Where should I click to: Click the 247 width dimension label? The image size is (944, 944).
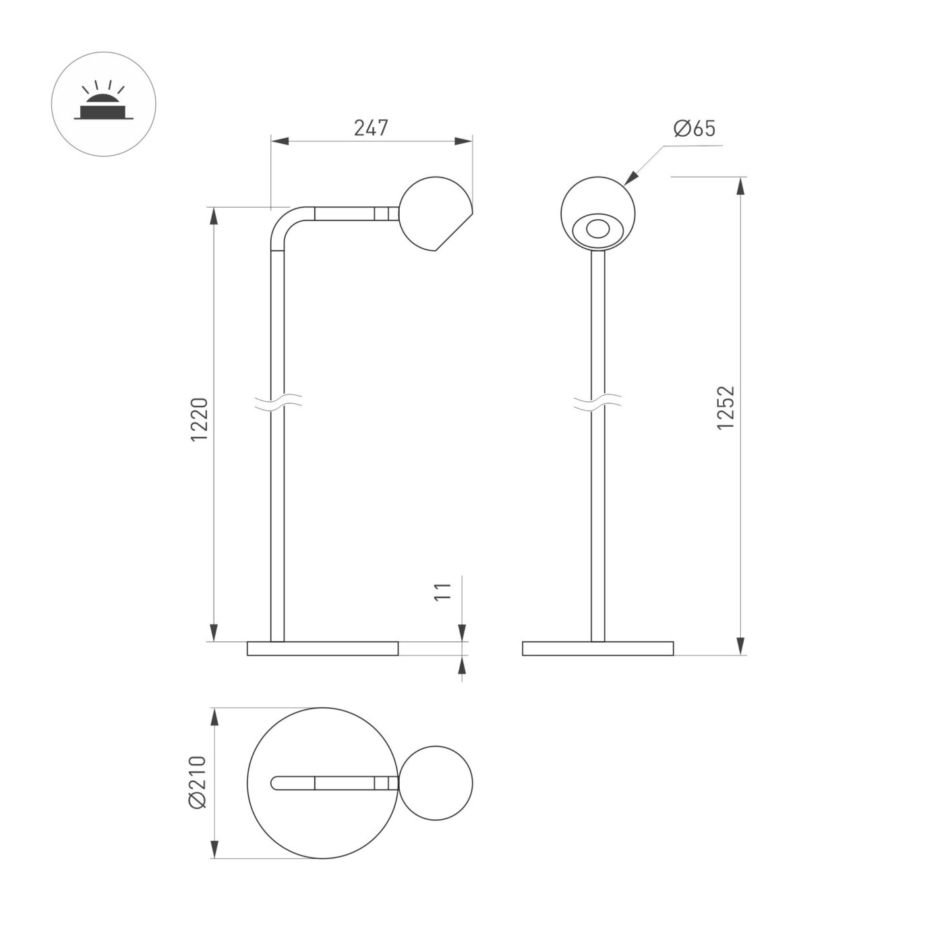point(371,127)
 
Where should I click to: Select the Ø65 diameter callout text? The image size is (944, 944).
point(694,128)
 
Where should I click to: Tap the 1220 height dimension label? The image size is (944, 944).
point(200,419)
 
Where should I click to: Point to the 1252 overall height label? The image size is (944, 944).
point(725,408)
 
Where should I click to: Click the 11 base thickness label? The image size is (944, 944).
point(442,591)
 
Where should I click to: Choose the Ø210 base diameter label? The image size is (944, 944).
point(198,781)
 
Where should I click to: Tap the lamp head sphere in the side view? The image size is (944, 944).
point(434,214)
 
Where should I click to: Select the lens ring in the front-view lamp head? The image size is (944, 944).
point(596,229)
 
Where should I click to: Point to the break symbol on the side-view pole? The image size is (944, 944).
point(277,403)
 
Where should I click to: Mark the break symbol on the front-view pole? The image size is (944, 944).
point(597,403)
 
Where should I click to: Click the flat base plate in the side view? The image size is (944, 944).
point(322,649)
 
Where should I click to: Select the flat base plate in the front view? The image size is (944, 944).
point(597,649)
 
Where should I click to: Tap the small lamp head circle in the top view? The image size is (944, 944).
point(436,783)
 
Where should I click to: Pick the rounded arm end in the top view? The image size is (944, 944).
point(275,783)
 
